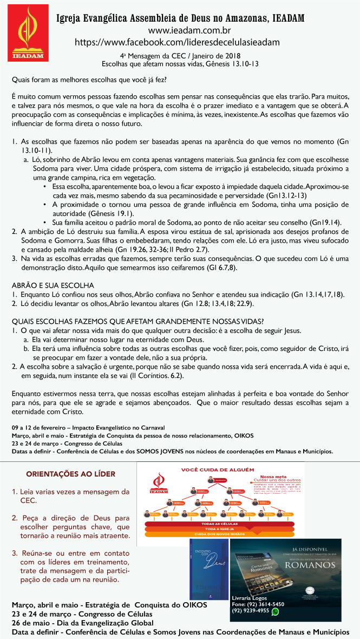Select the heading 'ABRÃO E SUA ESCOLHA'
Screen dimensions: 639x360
(x=53, y=285)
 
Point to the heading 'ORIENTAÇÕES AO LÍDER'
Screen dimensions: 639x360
(x=70, y=474)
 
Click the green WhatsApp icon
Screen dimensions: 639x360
(x=275, y=611)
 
